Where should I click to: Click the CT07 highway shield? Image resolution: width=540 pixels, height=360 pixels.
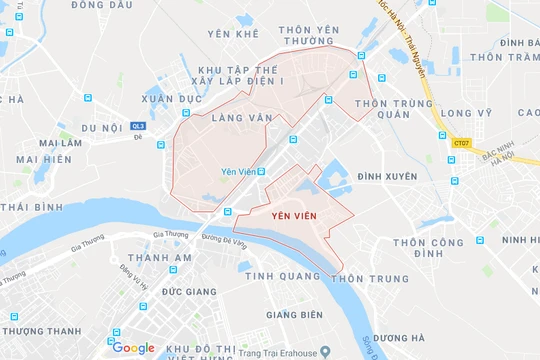(x=459, y=143)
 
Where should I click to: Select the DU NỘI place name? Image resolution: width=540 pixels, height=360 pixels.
(x=101, y=129)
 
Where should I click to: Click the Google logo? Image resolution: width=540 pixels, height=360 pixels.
(x=133, y=348)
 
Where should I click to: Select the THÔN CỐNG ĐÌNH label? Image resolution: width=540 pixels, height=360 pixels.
(x=428, y=248)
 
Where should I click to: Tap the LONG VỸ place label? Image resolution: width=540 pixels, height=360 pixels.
(x=468, y=114)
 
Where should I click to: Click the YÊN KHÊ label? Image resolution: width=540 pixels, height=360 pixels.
(x=232, y=34)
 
